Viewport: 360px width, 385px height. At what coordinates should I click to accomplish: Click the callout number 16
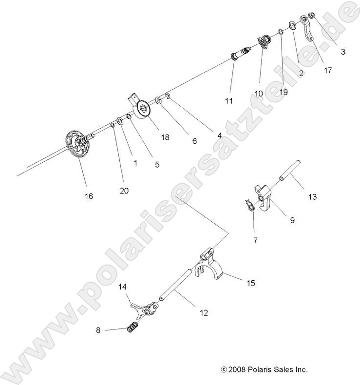coord(89,196)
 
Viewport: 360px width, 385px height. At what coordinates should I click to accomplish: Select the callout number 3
coord(343,51)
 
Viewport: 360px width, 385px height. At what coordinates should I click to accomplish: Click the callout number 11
coord(229,101)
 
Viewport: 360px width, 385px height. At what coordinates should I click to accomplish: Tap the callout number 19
coord(284,91)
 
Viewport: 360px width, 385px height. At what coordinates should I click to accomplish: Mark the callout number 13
coord(312,197)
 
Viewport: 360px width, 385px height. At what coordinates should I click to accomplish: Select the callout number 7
coord(256,240)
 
